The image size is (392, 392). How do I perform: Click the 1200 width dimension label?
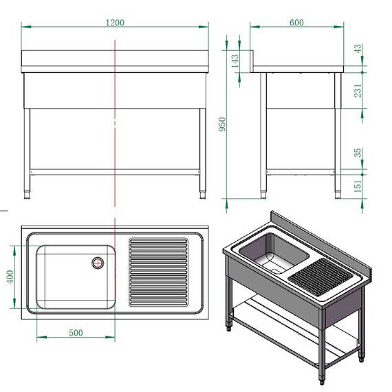(114, 22)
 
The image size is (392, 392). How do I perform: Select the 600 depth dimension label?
(296, 23)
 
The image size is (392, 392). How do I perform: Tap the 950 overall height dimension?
(221, 124)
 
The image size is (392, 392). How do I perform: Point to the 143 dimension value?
(235, 63)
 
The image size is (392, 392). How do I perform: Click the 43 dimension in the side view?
(357, 50)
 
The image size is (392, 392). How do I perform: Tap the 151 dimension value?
(357, 185)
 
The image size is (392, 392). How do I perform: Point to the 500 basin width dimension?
(76, 333)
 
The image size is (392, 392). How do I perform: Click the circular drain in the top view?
(98, 262)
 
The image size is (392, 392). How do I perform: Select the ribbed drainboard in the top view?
(159, 272)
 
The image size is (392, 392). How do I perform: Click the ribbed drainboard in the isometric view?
(320, 277)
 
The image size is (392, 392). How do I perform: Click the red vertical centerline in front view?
(114, 124)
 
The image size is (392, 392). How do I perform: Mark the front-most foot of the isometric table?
(320, 379)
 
